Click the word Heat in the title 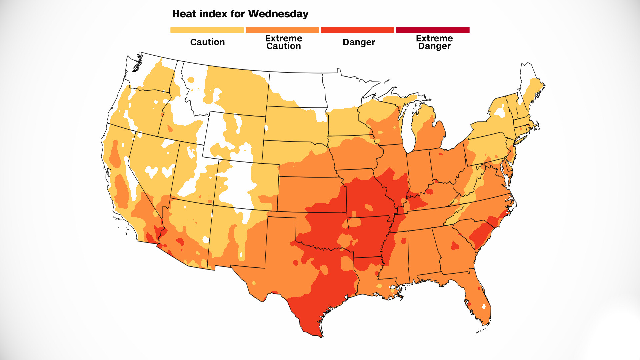pyautogui.click(x=183, y=14)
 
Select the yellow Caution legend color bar pyautogui.click(x=207, y=30)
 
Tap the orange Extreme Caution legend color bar pyautogui.click(x=282, y=30)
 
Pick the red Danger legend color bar pyautogui.click(x=357, y=30)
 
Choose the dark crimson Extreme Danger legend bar pyautogui.click(x=433, y=30)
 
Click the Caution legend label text pyautogui.click(x=207, y=42)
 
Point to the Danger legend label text pyautogui.click(x=359, y=42)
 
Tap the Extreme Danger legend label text pyautogui.click(x=434, y=42)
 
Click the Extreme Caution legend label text pyautogui.click(x=284, y=42)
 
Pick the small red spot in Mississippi pyautogui.click(x=404, y=241)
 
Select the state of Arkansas pyautogui.click(x=367, y=237)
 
